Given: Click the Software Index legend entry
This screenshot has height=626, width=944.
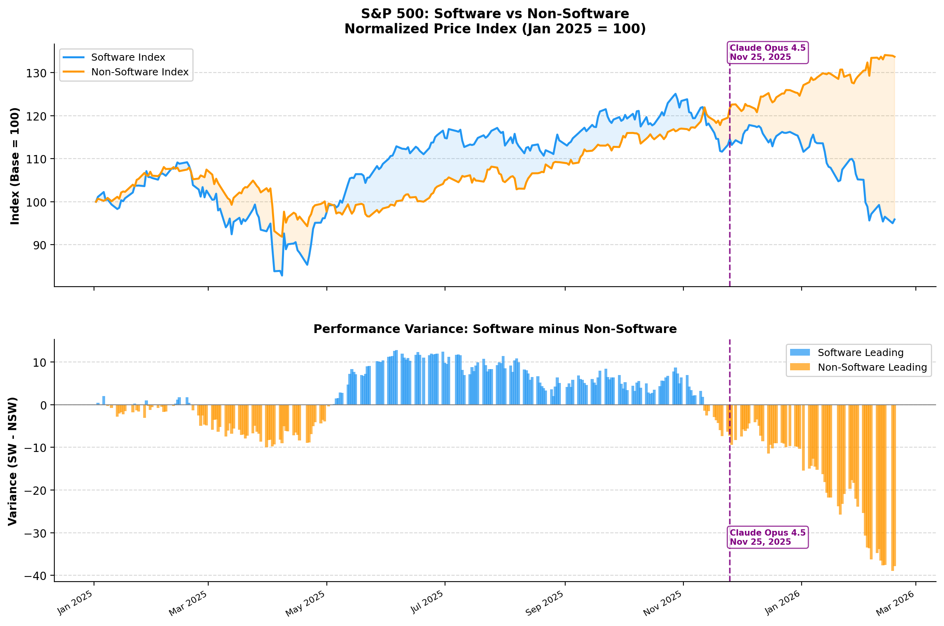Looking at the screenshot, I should tap(128, 57).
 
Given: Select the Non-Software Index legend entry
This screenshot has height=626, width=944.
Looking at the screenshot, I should tap(139, 72).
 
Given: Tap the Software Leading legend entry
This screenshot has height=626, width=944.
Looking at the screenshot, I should tap(860, 353).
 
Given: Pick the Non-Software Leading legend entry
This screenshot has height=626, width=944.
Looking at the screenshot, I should tap(872, 368).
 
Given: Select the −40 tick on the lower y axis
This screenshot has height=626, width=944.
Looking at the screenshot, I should tap(35, 576).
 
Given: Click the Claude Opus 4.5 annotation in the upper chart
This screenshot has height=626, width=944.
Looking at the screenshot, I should tap(767, 53).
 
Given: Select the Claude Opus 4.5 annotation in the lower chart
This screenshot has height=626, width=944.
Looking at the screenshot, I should tap(767, 537).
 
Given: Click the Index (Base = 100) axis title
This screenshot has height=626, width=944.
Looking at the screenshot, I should tap(15, 166).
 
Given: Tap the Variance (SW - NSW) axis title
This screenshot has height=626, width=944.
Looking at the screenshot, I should tap(13, 461).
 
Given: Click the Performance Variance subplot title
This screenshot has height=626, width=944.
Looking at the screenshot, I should tap(495, 329).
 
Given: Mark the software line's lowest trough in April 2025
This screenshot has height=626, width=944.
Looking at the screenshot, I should tap(282, 276).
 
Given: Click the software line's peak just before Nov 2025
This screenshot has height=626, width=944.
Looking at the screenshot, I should tap(675, 94).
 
